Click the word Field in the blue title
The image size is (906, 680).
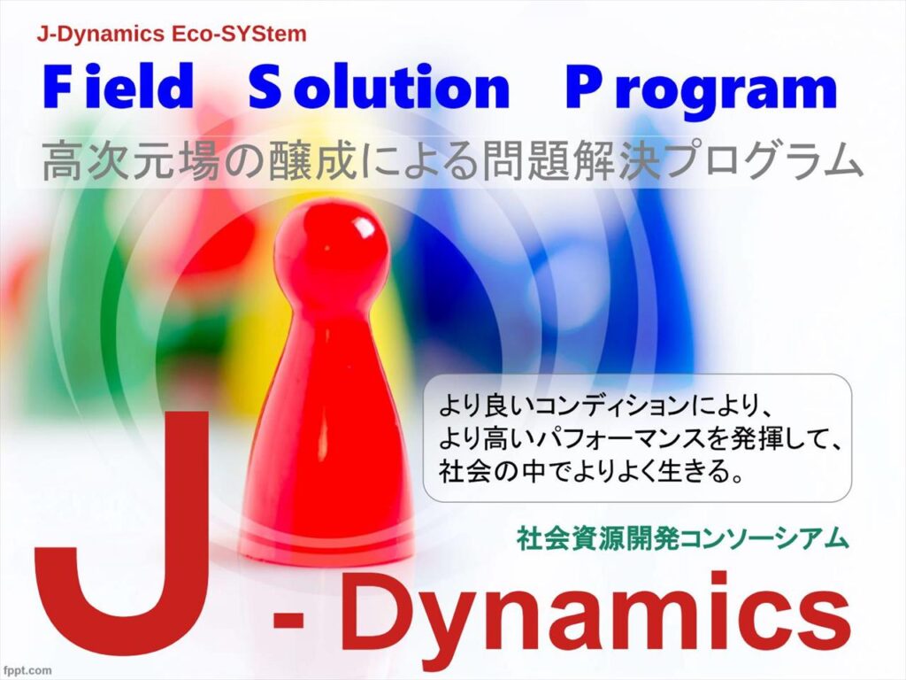point(118,87)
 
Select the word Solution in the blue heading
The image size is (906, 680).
point(379,87)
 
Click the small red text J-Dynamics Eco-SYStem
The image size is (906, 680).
point(172,35)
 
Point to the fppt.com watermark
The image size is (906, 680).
point(26,670)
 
